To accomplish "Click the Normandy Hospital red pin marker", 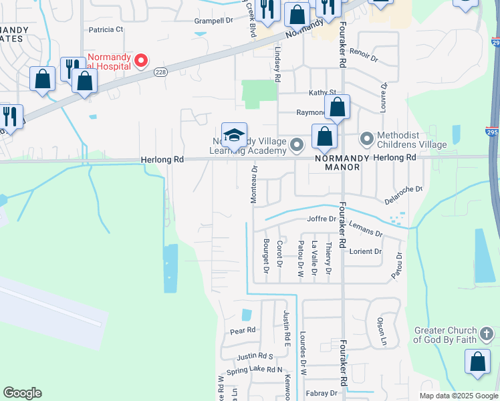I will [140, 61].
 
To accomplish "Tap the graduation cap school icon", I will [234, 135].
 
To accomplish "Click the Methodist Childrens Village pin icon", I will [366, 139].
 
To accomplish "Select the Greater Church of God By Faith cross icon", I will [487, 331].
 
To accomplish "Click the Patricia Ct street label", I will [106, 29].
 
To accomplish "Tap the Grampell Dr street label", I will [213, 21].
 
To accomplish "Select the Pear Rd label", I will [243, 330].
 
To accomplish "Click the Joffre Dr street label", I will [321, 219].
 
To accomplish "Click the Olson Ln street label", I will [382, 331].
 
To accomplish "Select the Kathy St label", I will [322, 93].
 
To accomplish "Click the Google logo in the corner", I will [22, 393].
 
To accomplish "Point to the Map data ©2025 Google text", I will [459, 396].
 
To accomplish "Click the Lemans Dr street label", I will [366, 230].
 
